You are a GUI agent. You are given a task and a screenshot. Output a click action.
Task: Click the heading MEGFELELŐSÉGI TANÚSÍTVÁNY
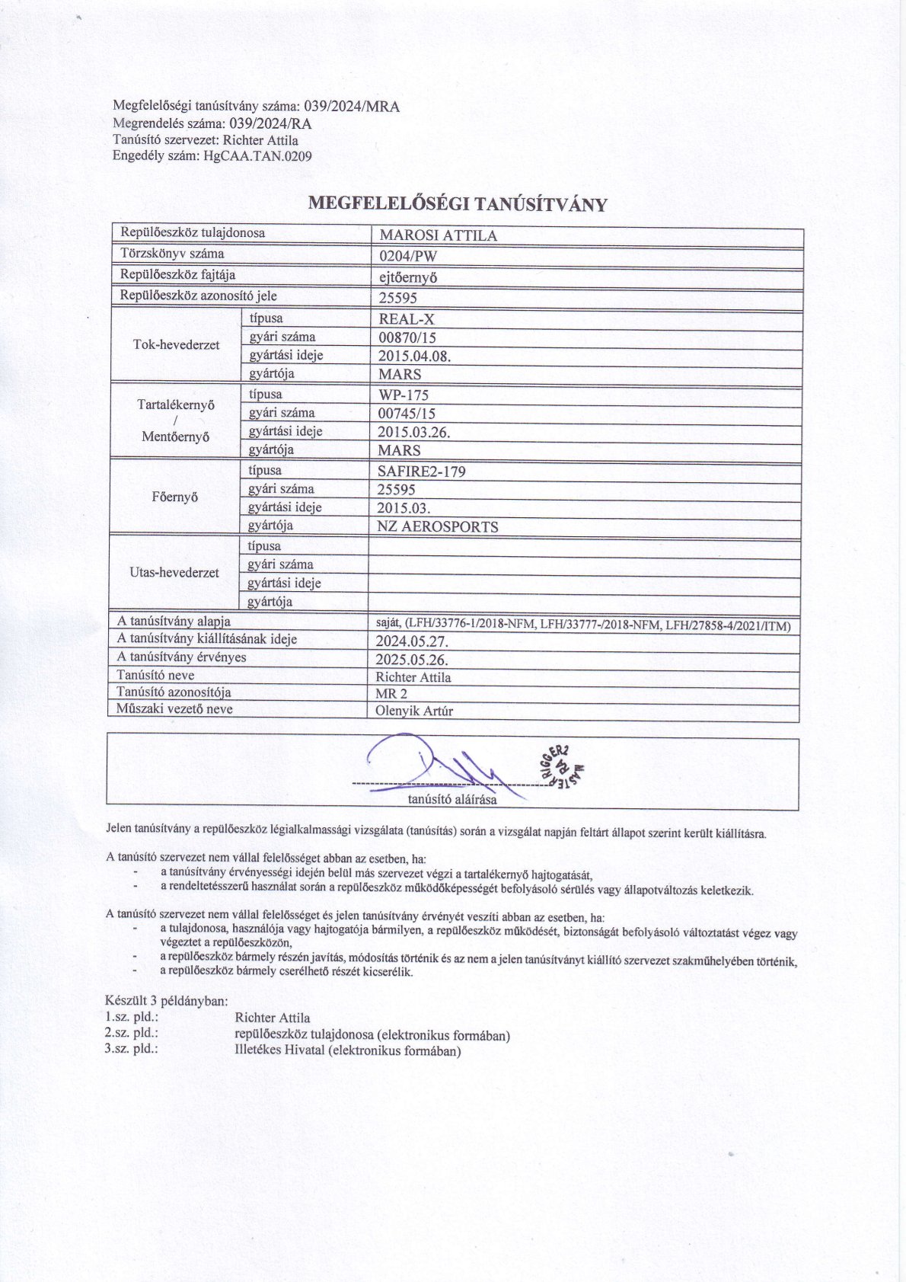click(x=458, y=204)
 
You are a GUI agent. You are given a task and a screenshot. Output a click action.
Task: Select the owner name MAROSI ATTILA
click(x=438, y=235)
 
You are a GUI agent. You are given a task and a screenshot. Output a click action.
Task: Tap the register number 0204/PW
click(x=408, y=256)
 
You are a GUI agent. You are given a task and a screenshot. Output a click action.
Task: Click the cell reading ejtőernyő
click(x=408, y=277)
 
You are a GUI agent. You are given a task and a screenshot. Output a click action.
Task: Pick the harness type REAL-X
click(x=407, y=319)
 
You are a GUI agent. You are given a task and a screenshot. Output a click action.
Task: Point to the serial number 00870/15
click(x=407, y=337)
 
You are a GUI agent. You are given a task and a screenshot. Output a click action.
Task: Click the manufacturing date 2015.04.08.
click(x=414, y=356)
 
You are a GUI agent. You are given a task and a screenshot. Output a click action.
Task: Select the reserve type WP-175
click(x=404, y=395)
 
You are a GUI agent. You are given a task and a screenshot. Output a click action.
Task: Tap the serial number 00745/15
click(x=407, y=414)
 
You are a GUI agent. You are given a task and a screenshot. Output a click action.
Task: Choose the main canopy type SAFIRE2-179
click(x=421, y=472)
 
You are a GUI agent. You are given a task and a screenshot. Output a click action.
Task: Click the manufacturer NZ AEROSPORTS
click(x=438, y=526)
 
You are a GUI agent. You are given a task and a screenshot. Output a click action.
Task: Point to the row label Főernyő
click(x=175, y=497)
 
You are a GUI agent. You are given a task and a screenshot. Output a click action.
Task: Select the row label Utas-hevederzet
click(x=174, y=573)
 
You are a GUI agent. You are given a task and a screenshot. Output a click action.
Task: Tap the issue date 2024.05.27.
click(x=412, y=641)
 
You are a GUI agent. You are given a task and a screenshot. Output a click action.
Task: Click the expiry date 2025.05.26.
click(x=412, y=660)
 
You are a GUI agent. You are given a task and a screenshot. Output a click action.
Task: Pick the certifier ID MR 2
click(x=391, y=694)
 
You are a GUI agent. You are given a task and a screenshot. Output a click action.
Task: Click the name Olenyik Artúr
click(x=414, y=711)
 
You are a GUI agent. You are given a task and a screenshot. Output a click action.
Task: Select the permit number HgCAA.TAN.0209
click(x=257, y=156)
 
